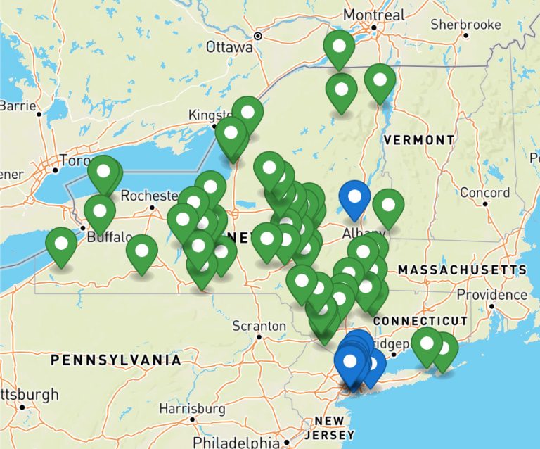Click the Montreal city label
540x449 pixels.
373,15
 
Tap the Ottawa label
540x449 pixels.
229,47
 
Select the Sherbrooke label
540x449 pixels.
465,25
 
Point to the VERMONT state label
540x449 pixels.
419,140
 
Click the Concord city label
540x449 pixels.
485,192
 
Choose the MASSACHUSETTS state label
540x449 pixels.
461,270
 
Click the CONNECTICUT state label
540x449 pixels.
420,321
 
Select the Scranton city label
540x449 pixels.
259,326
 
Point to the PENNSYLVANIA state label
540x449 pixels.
115,360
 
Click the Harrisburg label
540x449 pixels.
192,408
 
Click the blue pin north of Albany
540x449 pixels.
354,198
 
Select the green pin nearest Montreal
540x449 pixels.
339,48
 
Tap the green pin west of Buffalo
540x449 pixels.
61,245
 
